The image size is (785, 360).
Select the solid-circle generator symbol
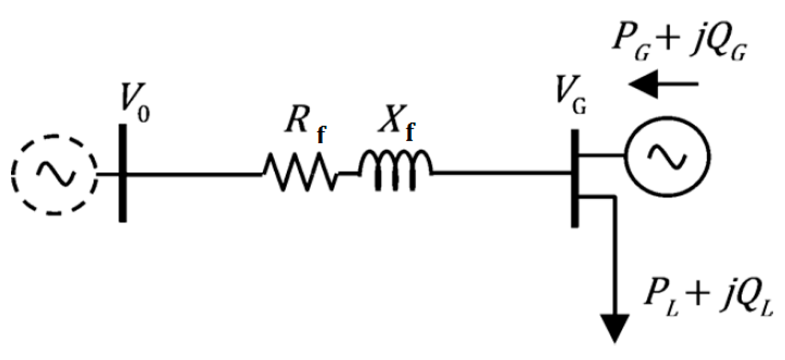(x=667, y=156)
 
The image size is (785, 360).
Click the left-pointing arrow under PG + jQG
(x=664, y=84)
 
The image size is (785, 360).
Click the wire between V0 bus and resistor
(x=193, y=174)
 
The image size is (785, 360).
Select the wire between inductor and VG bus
(x=501, y=173)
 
